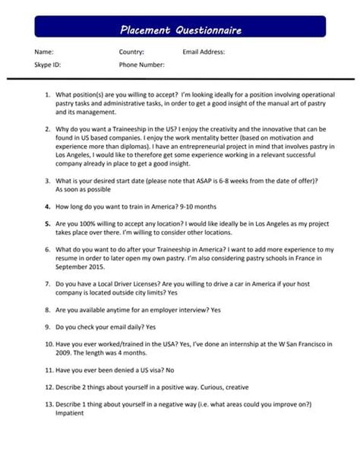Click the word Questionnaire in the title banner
pyautogui.click(x=209, y=30)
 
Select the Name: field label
pyautogui.click(x=44, y=52)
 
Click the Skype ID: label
pyautogui.click(x=48, y=65)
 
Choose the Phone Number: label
pyautogui.click(x=141, y=65)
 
